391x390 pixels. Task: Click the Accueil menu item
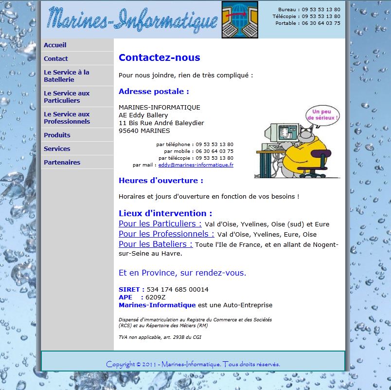point(55,45)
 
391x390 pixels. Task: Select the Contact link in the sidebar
point(56,59)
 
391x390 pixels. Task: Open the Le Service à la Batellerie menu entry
point(67,76)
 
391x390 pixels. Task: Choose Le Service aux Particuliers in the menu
point(67,97)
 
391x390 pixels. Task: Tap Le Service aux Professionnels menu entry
point(67,118)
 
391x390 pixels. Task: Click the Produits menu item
point(57,135)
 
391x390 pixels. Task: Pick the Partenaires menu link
point(62,163)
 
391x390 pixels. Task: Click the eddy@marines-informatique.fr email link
point(195,165)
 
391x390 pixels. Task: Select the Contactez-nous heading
point(159,58)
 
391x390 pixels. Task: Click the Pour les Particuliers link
point(160,224)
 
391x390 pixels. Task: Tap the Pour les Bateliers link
point(156,244)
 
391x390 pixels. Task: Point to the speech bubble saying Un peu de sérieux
point(322,115)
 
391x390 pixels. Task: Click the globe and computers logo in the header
point(240,20)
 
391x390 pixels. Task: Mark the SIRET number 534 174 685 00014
point(178,290)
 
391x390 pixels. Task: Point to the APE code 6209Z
point(156,297)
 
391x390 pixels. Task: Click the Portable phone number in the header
point(321,23)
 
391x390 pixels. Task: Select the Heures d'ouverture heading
point(160,181)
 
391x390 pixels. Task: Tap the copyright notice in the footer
point(193,364)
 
